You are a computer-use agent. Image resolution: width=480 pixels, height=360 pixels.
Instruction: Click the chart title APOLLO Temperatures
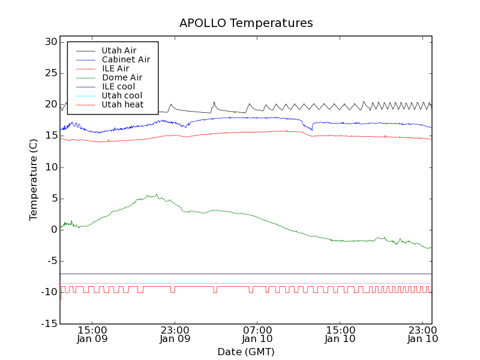click(246, 23)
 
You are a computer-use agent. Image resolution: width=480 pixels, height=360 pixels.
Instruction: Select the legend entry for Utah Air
click(119, 50)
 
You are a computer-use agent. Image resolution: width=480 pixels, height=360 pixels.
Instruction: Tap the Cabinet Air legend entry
click(125, 59)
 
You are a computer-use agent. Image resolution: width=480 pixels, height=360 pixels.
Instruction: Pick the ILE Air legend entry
click(115, 68)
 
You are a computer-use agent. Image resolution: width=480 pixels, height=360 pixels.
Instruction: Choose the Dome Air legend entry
click(122, 77)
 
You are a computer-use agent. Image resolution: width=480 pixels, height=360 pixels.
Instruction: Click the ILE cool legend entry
click(118, 86)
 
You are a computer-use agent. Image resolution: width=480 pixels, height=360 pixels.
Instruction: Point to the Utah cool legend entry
click(122, 95)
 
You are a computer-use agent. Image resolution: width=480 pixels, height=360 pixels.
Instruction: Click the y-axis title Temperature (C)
click(34, 179)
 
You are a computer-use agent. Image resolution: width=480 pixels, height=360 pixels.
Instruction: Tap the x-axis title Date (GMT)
click(246, 352)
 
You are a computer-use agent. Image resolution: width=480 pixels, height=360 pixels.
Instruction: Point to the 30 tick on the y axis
click(50, 42)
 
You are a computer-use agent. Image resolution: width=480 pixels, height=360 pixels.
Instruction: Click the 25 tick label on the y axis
click(50, 73)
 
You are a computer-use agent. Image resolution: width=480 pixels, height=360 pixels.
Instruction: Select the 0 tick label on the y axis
click(54, 230)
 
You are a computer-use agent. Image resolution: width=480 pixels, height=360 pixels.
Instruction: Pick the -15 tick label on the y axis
click(49, 324)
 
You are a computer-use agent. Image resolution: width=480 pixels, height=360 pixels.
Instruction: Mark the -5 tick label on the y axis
click(51, 261)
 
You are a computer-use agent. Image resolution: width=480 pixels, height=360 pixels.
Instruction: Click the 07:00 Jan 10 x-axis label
click(257, 334)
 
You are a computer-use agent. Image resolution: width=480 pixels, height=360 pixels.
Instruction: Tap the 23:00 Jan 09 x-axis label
click(175, 334)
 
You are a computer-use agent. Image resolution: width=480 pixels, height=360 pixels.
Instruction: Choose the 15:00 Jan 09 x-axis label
click(92, 334)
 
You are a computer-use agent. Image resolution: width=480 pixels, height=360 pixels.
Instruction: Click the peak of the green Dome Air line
click(157, 194)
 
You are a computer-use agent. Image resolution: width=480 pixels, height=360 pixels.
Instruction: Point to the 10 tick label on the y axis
click(50, 167)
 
